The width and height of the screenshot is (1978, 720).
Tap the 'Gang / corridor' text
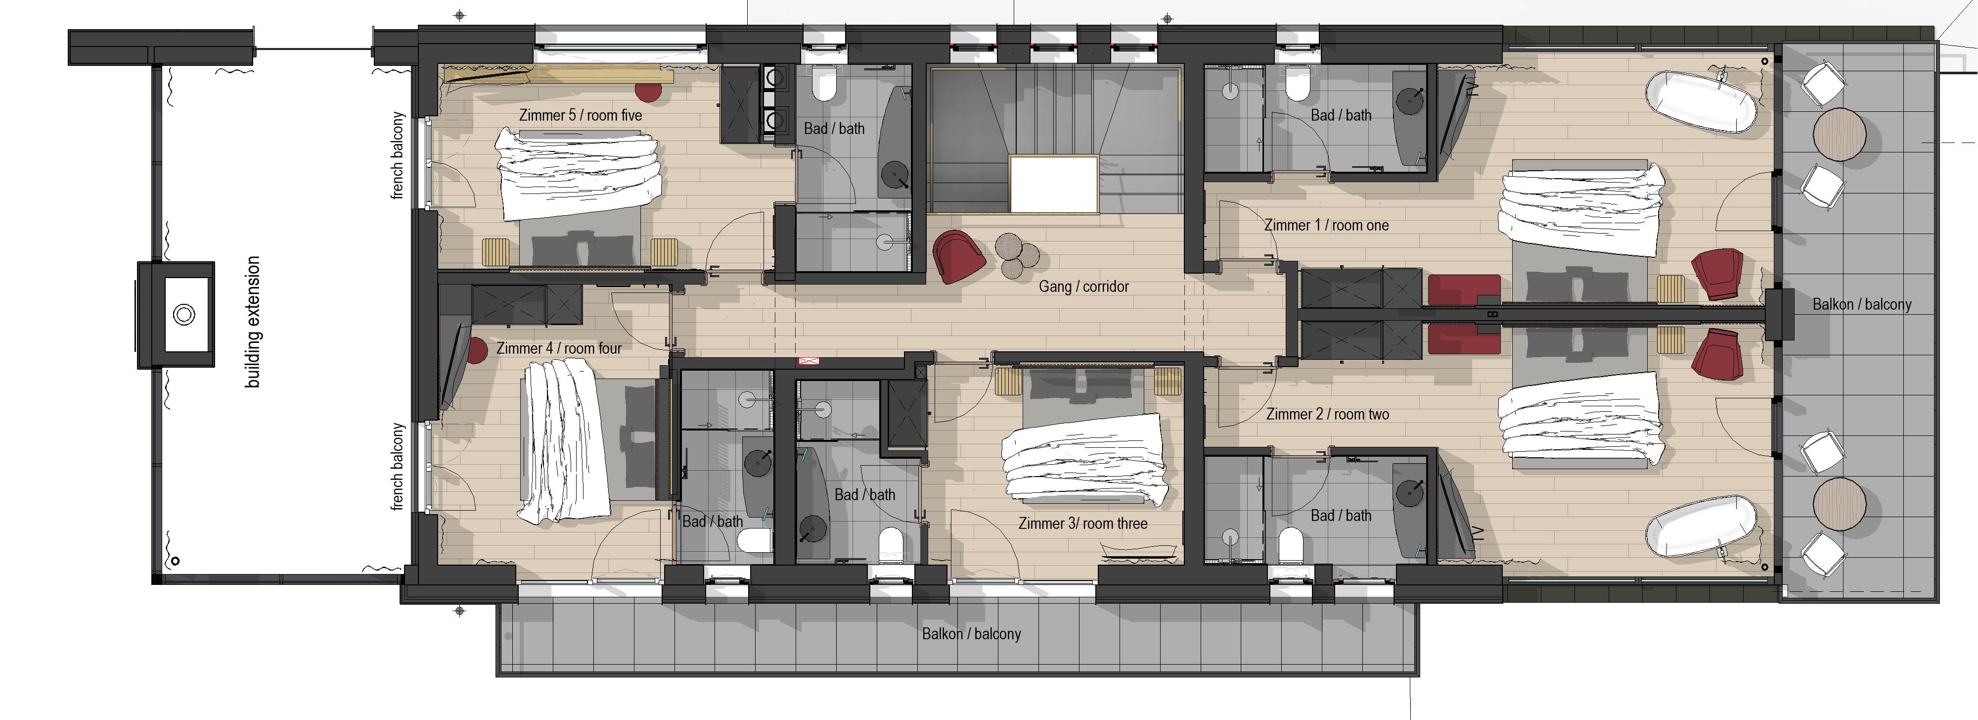(1083, 287)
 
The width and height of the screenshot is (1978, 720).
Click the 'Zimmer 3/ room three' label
(1082, 523)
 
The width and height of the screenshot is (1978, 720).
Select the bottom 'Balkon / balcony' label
(971, 634)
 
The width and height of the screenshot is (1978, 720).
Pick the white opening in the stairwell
(1053, 185)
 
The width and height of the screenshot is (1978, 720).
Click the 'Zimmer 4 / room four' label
(559, 348)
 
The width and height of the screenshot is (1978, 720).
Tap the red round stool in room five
(648, 91)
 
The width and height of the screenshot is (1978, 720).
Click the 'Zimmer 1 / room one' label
(1326, 225)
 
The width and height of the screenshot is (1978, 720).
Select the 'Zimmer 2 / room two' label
(1327, 414)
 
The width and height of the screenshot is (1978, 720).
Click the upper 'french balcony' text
(397, 155)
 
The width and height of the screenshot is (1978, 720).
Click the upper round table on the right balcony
(1839, 134)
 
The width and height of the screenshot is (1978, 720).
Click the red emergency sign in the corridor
(809, 360)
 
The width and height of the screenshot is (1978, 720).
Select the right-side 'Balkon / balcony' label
(1861, 304)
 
